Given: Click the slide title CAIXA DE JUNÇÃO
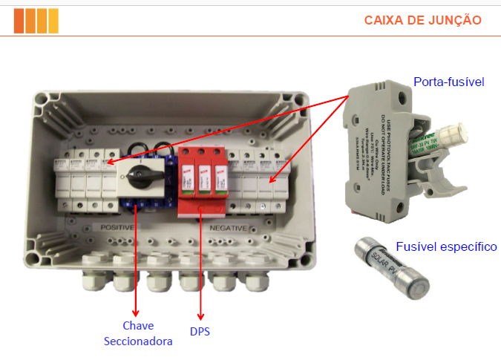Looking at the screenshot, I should pos(422,19).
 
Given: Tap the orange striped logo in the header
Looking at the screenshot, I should pos(36,20).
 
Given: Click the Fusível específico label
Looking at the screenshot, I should pos(446,246).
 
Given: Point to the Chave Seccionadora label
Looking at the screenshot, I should pos(138,333).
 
